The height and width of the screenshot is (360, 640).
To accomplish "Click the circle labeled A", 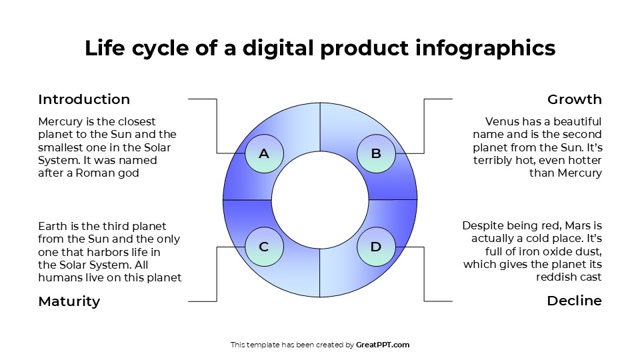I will [264, 154].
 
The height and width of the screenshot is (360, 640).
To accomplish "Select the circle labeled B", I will [376, 154].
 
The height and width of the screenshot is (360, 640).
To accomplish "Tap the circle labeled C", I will [264, 247].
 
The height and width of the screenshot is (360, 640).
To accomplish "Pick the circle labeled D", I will [376, 247].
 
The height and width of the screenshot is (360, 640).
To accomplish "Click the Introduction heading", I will [84, 100].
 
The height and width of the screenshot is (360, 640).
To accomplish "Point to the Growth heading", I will [574, 100].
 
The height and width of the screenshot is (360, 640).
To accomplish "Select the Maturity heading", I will [69, 301].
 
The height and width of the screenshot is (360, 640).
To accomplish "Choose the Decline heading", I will [574, 301].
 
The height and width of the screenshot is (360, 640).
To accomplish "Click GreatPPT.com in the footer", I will [383, 345].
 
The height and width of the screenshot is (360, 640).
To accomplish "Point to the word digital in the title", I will [278, 48].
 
